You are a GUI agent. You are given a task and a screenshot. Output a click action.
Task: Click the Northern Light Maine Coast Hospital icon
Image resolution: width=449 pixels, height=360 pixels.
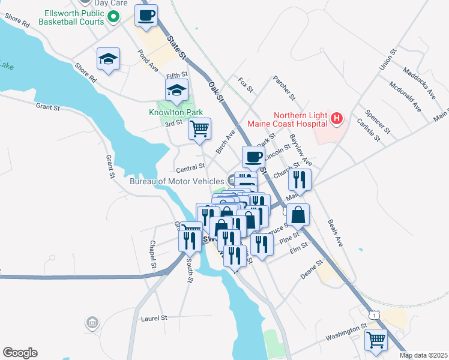click(337, 119)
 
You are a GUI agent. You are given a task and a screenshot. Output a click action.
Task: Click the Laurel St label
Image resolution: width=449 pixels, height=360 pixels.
click(153, 318)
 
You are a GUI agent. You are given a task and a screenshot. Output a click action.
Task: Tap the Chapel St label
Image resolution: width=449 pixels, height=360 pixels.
click(153, 254)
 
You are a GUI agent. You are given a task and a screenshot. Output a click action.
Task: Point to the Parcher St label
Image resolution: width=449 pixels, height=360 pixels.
click(284, 88)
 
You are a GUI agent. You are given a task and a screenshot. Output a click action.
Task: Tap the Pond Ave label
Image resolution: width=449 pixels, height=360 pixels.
click(148, 61)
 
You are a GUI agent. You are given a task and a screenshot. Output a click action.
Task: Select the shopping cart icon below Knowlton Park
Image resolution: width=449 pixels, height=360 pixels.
click(199, 128)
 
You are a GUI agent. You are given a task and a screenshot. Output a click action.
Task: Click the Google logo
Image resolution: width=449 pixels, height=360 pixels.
click(20, 353)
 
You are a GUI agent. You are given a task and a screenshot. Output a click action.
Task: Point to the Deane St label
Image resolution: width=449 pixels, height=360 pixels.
click(312, 268)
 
